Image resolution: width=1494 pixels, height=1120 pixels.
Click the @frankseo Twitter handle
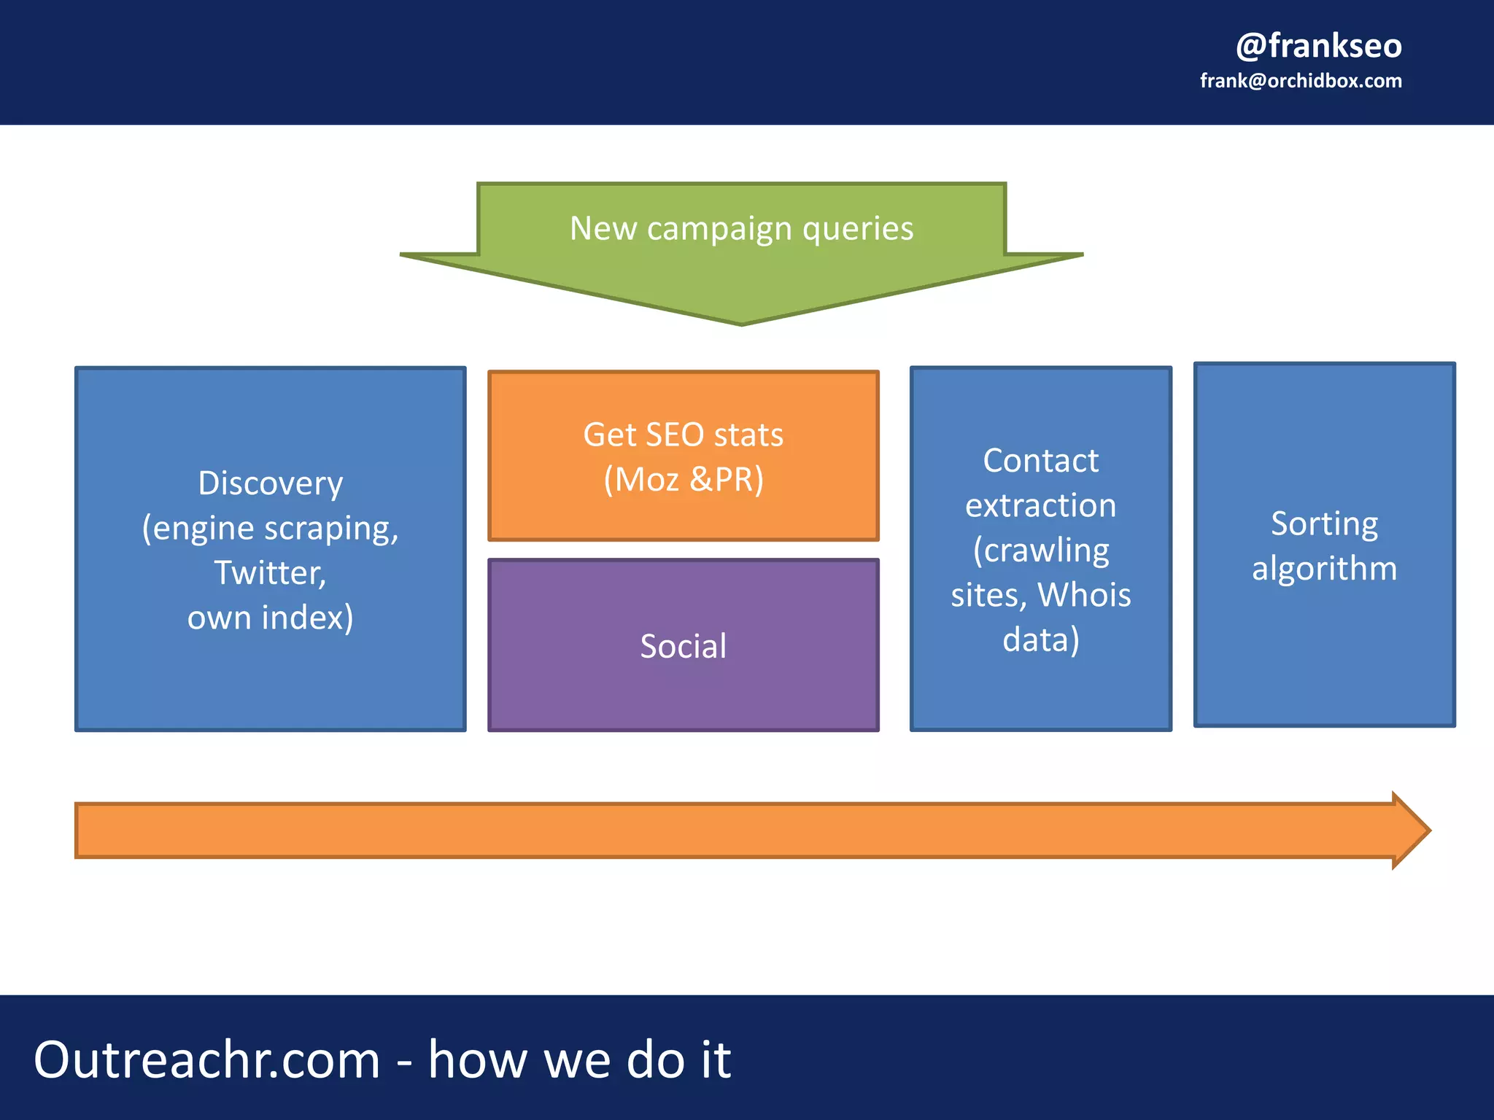pos(1318,46)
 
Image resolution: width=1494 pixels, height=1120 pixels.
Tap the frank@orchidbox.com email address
pos(1301,81)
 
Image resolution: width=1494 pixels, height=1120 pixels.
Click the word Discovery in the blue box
pos(271,483)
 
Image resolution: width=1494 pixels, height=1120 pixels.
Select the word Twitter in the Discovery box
pos(268,573)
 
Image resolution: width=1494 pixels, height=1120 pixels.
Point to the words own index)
pos(271,618)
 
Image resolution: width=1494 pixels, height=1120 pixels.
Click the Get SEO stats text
pos(683,435)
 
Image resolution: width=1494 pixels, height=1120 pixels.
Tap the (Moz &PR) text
pos(683,480)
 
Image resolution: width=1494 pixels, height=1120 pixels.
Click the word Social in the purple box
pos(683,646)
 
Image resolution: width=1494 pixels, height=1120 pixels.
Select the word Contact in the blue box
pos(1040,461)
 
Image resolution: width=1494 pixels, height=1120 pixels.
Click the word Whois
pos(1084,595)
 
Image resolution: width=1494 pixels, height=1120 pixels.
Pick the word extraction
pos(1040,505)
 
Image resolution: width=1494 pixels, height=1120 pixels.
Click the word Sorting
pos(1324,524)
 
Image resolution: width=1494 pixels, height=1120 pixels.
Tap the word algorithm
pos(1324,568)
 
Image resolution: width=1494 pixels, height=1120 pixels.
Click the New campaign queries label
pos(741,228)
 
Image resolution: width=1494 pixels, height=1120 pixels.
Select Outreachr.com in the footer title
pos(207,1059)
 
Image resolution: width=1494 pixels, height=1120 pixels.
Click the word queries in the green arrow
pos(858,228)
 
